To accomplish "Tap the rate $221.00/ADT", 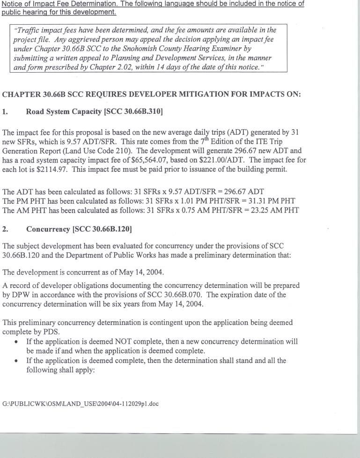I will [x=233, y=160].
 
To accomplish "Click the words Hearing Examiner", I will [x=220, y=48].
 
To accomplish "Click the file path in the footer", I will [x=81, y=404].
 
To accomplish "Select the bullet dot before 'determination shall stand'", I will [x=17, y=361].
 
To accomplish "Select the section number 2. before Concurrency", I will [x=5, y=229].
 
